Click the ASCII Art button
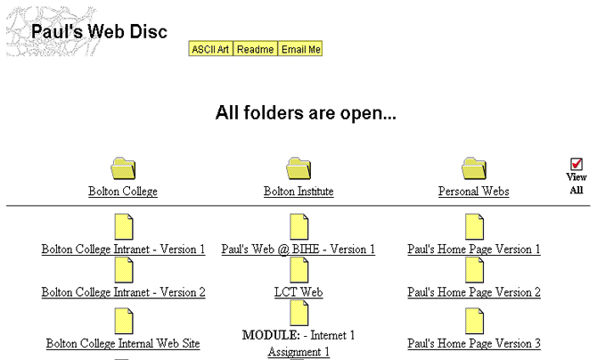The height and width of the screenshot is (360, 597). [x=210, y=49]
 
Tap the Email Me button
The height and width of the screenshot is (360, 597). [x=300, y=49]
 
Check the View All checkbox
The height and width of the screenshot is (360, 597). [x=577, y=164]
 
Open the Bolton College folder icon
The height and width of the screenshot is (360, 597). [x=123, y=168]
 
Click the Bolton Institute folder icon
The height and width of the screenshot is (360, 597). [x=298, y=168]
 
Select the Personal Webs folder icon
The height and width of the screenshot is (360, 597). [x=474, y=168]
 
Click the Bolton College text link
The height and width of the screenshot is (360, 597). [x=123, y=192]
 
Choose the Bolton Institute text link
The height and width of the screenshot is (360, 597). [x=298, y=192]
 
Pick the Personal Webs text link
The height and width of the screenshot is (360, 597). [x=474, y=192]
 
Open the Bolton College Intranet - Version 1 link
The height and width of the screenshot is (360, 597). [x=123, y=250]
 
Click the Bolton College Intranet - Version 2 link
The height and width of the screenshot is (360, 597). [x=123, y=292]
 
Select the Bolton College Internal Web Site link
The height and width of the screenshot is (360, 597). [x=123, y=344]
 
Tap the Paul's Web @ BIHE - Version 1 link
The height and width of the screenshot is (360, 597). [x=298, y=250]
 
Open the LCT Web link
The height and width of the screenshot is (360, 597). [x=298, y=292]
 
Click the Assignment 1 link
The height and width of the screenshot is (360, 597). [x=298, y=352]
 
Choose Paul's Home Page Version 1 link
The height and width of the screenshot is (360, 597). [x=474, y=250]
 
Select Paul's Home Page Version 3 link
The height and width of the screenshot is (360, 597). [x=474, y=344]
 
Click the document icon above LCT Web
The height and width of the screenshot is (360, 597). [x=299, y=270]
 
